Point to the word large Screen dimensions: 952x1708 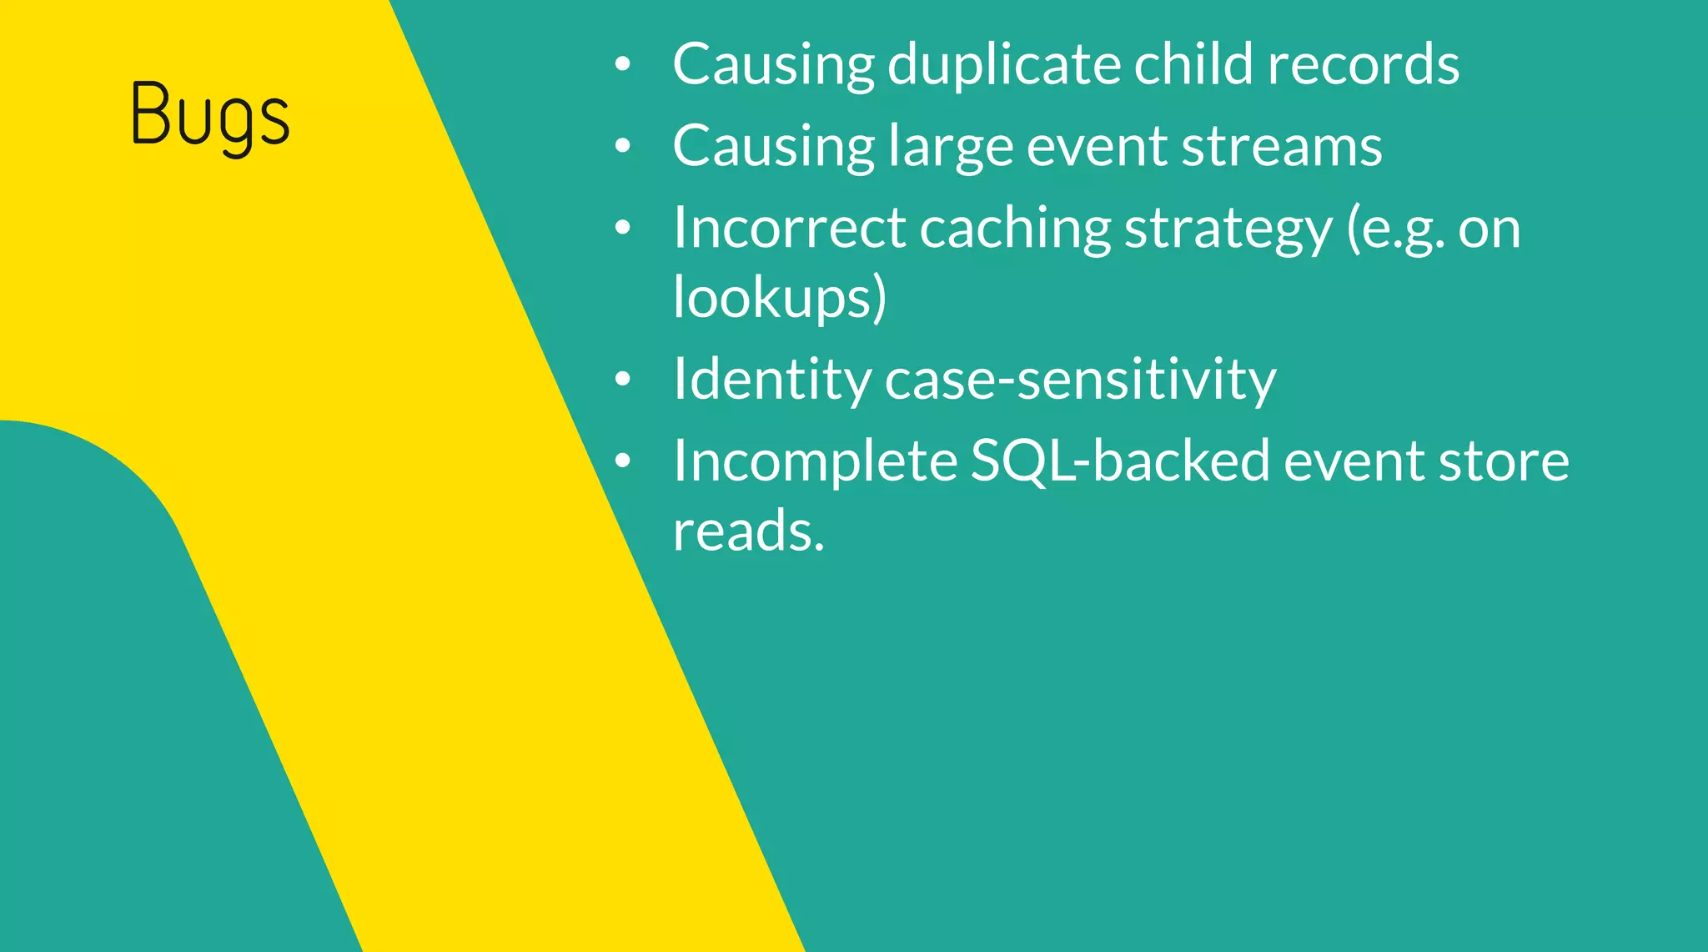(x=950, y=147)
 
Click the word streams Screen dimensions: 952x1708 (x=1281, y=147)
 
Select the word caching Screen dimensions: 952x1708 (x=1015, y=228)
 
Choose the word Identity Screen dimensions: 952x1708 (x=771, y=380)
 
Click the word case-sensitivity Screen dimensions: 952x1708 (x=1080, y=380)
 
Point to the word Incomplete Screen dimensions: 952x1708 (x=816, y=461)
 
